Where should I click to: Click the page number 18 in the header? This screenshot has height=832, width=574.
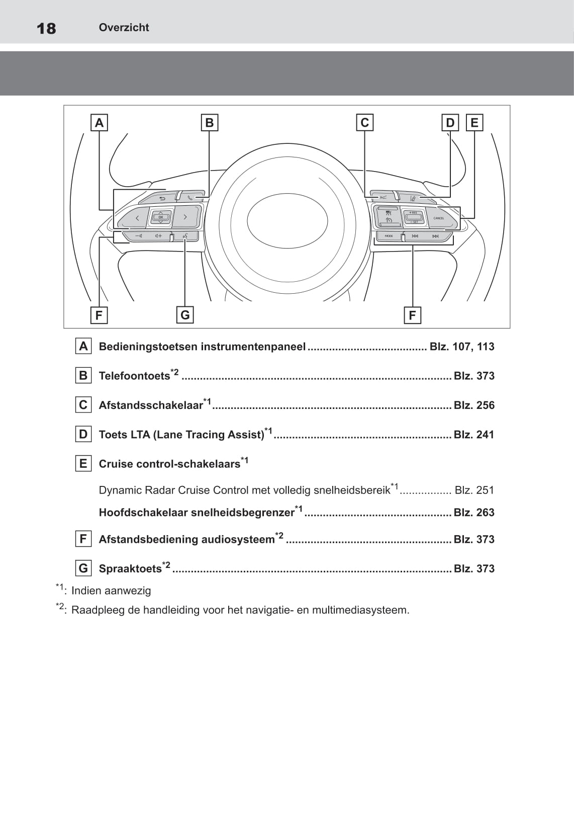[x=46, y=28]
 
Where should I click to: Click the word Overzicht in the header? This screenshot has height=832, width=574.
[x=124, y=28]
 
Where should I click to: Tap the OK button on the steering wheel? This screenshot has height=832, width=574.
[x=160, y=217]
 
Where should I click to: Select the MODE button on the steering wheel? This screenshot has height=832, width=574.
[x=389, y=236]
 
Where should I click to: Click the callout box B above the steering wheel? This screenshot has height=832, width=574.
[x=210, y=123]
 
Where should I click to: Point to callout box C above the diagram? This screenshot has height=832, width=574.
[x=365, y=123]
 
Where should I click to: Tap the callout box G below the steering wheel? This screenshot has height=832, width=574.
[x=185, y=315]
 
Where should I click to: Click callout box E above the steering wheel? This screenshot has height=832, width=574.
[x=474, y=123]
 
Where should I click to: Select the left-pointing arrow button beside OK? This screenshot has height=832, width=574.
[x=137, y=218]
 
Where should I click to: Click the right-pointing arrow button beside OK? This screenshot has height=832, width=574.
[x=185, y=217]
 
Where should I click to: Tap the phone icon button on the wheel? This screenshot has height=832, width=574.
[x=190, y=198]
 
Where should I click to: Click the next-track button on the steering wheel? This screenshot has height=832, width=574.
[x=435, y=236]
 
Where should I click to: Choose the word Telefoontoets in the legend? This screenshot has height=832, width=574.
[x=134, y=376]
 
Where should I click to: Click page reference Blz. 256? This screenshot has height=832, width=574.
[x=474, y=405]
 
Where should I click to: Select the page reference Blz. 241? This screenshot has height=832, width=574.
[x=474, y=435]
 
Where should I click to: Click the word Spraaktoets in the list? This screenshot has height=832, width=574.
[x=130, y=569]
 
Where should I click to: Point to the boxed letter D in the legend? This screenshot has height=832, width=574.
[x=83, y=434]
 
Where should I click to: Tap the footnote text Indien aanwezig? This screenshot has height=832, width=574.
[x=111, y=591]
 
